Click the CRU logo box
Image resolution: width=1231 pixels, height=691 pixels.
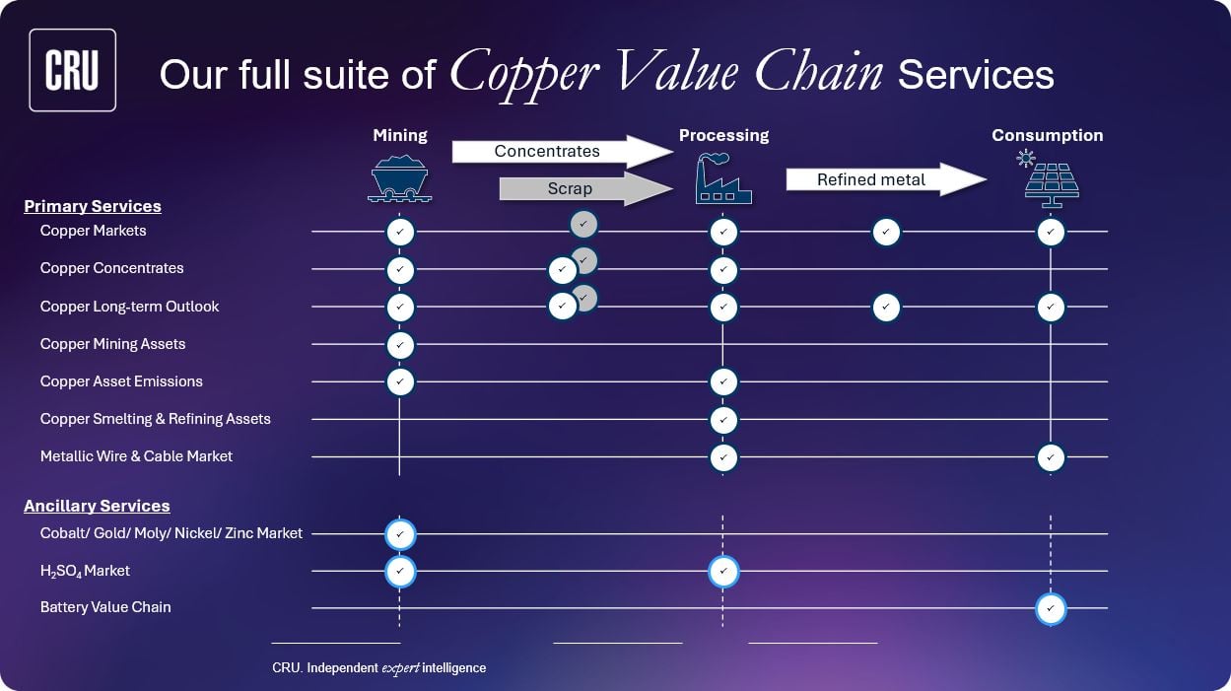tap(73, 70)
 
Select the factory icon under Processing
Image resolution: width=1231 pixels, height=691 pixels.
tap(723, 179)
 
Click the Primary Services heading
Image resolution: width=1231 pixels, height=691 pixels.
tap(93, 206)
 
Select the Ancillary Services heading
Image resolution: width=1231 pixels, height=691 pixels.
tap(97, 506)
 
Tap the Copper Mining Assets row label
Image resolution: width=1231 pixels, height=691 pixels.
tap(112, 344)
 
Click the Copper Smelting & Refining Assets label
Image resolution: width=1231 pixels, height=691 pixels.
tap(155, 419)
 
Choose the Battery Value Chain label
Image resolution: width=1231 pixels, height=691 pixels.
tap(105, 607)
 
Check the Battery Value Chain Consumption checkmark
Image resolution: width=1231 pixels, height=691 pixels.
tap(1051, 609)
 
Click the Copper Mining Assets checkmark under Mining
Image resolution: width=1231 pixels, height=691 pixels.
tap(400, 345)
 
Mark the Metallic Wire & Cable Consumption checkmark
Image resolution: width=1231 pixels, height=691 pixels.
tap(1051, 457)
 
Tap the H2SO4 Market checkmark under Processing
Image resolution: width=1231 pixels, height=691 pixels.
tap(723, 572)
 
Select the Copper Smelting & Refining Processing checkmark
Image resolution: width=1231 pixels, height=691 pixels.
tap(723, 420)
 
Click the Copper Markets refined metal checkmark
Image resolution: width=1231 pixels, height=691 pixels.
tap(886, 232)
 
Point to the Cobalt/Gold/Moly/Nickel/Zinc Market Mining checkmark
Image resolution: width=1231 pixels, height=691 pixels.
tap(400, 534)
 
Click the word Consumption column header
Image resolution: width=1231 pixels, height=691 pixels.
tap(1047, 135)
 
